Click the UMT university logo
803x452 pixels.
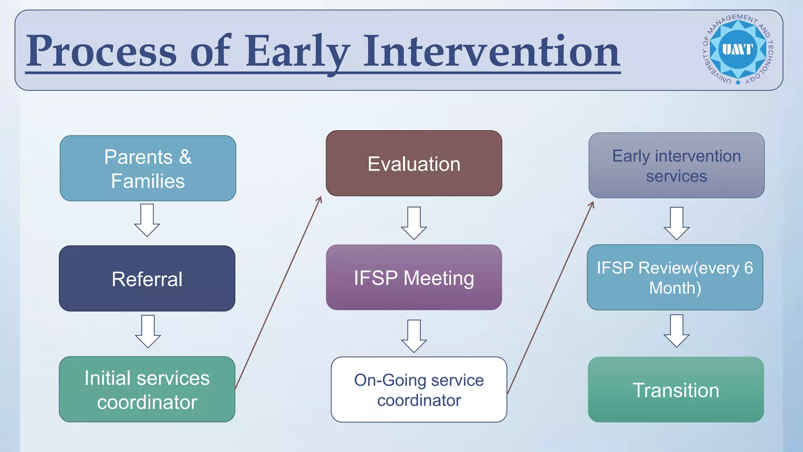pyautogui.click(x=738, y=50)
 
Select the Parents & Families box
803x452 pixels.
pyautogui.click(x=148, y=168)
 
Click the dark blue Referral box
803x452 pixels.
pyautogui.click(x=147, y=279)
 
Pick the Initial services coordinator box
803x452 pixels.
pyautogui.click(x=147, y=389)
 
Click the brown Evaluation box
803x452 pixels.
pyautogui.click(x=414, y=163)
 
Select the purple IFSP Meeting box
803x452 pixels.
pyautogui.click(x=414, y=277)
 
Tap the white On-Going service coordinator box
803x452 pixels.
pyautogui.click(x=419, y=390)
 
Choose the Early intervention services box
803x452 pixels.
pyautogui.click(x=676, y=165)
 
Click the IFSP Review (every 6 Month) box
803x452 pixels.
pyautogui.click(x=675, y=277)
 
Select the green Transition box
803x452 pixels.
pyautogui.click(x=676, y=390)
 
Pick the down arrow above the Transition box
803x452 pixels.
pyautogui.click(x=676, y=331)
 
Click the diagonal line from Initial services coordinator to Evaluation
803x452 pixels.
pyautogui.click(x=278, y=293)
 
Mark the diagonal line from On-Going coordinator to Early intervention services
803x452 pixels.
pyautogui.click(x=550, y=298)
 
